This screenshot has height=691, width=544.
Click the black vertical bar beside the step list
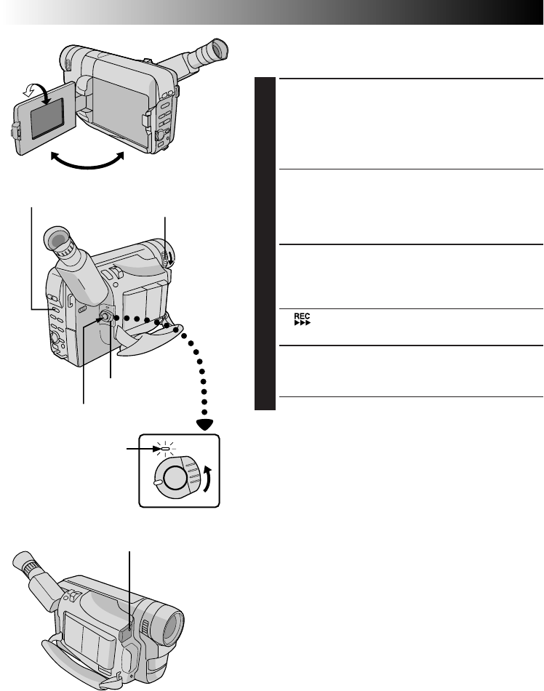267,244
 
